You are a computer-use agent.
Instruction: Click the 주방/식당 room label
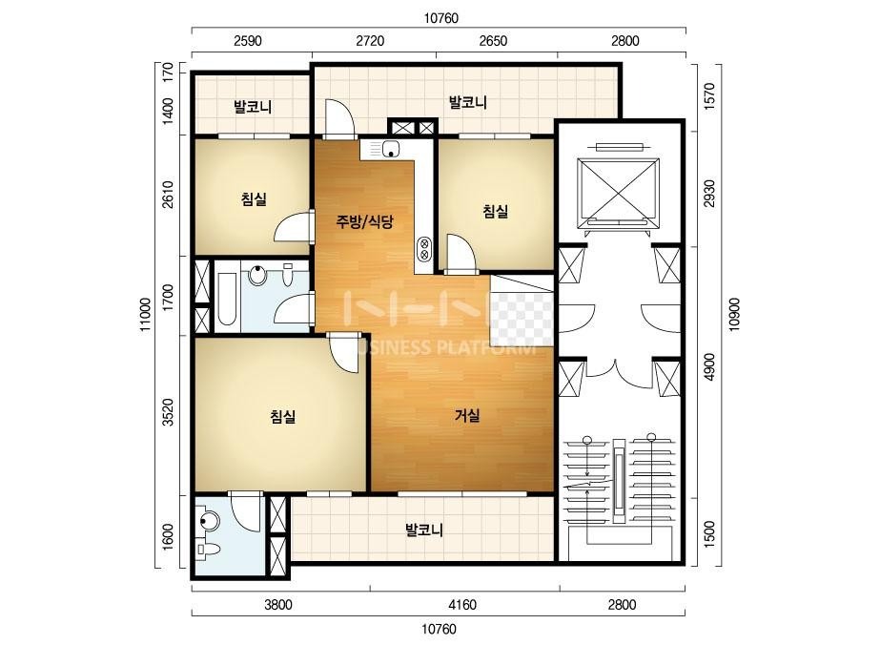pos(365,222)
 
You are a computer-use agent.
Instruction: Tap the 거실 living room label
pos(467,416)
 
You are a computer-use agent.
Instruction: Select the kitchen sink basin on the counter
pos(391,150)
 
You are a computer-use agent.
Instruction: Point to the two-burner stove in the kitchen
pos(424,249)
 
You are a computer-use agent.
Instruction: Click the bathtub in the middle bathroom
pos(227,300)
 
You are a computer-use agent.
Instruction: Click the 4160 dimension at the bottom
pos(463,605)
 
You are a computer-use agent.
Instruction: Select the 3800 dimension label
pos(278,605)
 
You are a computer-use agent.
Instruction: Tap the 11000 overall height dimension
pos(146,315)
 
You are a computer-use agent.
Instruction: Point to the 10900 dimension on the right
pos(735,315)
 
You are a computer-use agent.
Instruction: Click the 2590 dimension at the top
pos(248,41)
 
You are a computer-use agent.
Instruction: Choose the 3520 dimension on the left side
pos(168,413)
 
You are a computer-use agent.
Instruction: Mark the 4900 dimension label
pos(709,367)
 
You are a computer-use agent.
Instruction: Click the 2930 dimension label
pos(709,194)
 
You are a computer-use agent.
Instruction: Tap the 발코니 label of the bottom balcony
pos(424,530)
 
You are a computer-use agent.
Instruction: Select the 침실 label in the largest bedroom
pos(283,416)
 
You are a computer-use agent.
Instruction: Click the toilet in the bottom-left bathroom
pos(206,548)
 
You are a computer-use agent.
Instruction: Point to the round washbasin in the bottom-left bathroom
pos(208,520)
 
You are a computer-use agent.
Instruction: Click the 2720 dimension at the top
pos(371,41)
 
